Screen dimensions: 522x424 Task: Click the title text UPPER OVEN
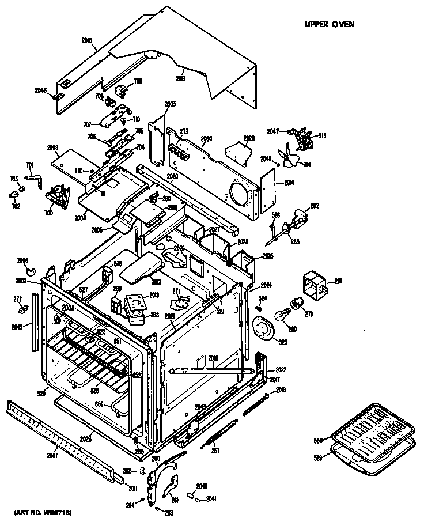(x=329, y=24)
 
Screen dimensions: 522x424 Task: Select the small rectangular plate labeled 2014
(x=268, y=191)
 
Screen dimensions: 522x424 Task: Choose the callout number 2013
(x=180, y=78)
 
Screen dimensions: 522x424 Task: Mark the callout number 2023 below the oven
(x=87, y=438)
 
